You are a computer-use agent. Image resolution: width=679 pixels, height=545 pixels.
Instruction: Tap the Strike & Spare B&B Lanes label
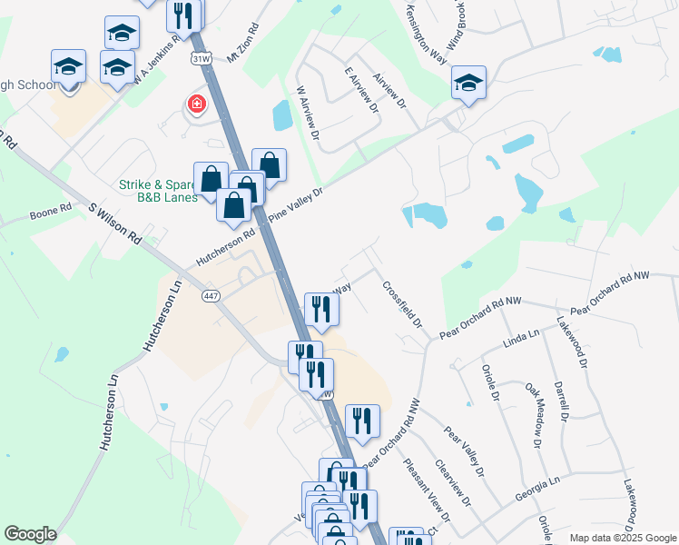pos(157,191)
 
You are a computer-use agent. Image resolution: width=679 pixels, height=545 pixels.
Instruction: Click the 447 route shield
pos(212,296)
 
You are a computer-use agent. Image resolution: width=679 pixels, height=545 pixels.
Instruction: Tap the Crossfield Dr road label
pos(403,302)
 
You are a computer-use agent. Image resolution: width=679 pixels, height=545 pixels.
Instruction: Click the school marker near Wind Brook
pos(468,84)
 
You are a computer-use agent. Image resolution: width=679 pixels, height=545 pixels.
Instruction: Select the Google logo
pos(30,534)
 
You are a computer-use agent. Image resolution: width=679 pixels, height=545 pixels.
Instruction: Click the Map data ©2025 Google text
pos(622,538)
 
